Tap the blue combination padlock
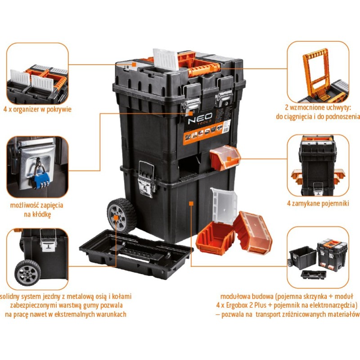[x=41, y=180]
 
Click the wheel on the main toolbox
[x=121, y=216]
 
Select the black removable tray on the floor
[x=136, y=253]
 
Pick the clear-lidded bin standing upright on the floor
[x=253, y=233]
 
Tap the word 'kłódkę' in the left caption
[x=37, y=214]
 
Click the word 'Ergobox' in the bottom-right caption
[x=238, y=305]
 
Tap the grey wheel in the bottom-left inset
[x=27, y=273]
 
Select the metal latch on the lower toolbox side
[x=146, y=179]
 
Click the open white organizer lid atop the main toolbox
[x=166, y=59]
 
